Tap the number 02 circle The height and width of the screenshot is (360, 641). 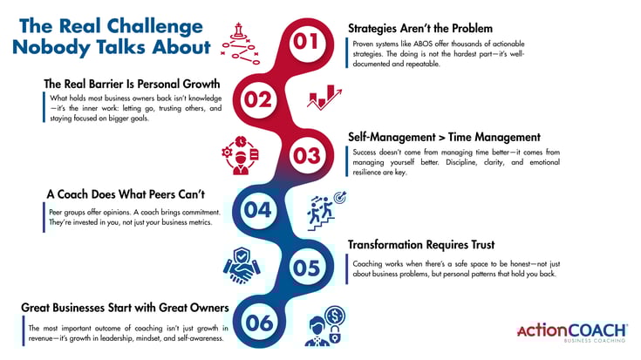point(257,98)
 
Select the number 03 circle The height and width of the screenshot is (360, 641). point(303,155)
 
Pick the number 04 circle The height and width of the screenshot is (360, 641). point(257,210)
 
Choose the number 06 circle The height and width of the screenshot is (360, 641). point(259,323)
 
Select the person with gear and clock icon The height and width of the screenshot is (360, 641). point(239,155)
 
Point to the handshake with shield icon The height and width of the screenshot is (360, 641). point(240,268)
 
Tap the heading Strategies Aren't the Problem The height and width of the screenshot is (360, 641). point(420,28)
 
